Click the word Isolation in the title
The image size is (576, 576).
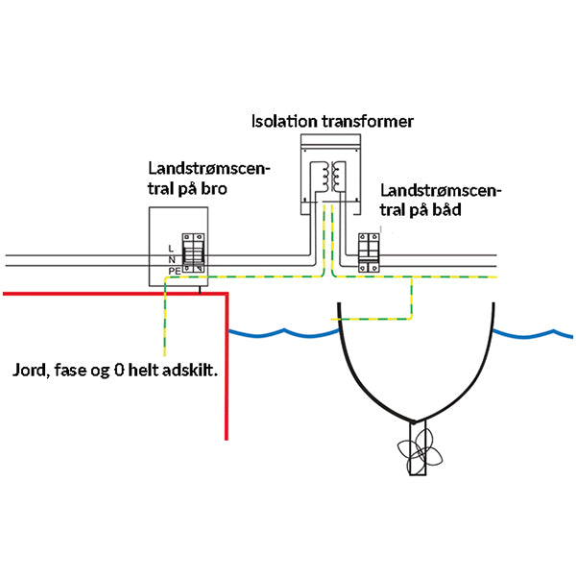pyautogui.click(x=285, y=122)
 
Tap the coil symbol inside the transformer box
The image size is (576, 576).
pyautogui.click(x=331, y=175)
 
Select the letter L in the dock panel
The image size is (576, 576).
pyautogui.click(x=169, y=249)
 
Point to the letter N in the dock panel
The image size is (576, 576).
pyautogui.click(x=169, y=260)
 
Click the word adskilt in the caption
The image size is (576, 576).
pyautogui.click(x=205, y=369)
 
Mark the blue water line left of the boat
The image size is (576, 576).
pyautogui.click(x=283, y=333)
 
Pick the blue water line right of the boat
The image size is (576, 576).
pyautogui.click(x=533, y=335)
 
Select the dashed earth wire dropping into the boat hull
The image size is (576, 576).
pyautogui.click(x=411, y=298)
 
